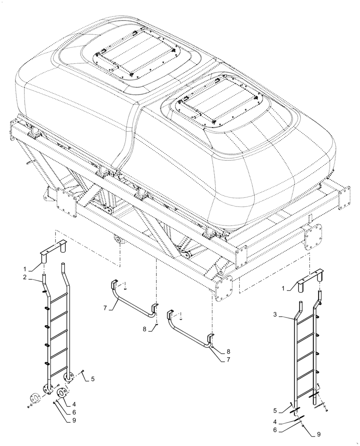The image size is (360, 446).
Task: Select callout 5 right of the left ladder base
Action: (92, 379)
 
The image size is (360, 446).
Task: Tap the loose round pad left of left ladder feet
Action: (34, 397)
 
